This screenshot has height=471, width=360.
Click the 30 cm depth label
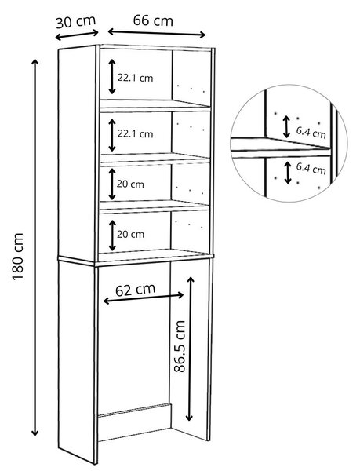(75, 22)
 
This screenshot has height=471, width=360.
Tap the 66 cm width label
(153, 20)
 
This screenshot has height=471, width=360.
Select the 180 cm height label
(18, 257)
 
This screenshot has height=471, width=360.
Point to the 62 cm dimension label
(136, 289)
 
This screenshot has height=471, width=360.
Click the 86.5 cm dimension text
(180, 346)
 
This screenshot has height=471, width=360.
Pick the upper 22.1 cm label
(135, 78)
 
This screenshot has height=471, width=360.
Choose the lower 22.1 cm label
(135, 133)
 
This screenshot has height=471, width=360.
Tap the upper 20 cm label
(130, 184)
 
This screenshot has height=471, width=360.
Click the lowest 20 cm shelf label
(130, 234)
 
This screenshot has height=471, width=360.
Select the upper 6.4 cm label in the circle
(311, 132)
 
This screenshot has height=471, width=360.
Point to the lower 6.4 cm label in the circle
(311, 169)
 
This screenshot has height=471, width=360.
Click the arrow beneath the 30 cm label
(77, 35)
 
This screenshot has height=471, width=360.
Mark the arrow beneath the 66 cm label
(156, 33)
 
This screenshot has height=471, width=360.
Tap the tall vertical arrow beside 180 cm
(35, 247)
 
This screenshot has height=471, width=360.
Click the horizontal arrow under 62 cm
(144, 298)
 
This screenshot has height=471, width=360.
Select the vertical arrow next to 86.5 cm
(190, 349)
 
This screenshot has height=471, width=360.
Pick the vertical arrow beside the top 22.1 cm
(112, 77)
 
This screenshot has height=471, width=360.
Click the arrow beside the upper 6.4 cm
(286, 127)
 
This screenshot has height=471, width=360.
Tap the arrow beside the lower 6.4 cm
(288, 173)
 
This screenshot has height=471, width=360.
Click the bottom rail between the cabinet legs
(134, 411)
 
